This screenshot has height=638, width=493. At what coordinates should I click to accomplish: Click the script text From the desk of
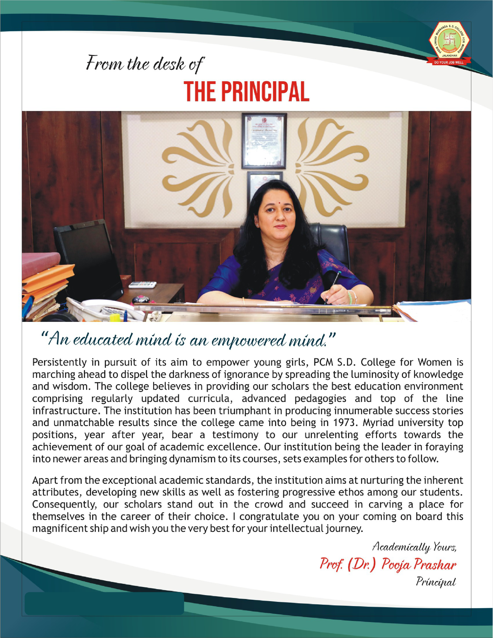point(145,64)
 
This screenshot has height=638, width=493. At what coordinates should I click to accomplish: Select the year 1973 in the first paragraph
point(343,422)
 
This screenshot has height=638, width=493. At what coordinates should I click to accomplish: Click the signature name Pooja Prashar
point(419,564)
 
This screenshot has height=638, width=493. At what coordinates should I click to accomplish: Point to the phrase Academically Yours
point(414,547)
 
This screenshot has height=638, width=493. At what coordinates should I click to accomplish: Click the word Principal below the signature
point(436,582)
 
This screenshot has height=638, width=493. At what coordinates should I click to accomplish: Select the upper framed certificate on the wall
point(264,141)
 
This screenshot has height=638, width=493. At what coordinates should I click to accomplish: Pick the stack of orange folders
point(46,280)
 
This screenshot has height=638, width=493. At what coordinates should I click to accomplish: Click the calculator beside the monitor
point(142,284)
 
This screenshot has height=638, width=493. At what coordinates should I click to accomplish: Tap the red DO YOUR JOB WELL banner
point(449,62)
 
